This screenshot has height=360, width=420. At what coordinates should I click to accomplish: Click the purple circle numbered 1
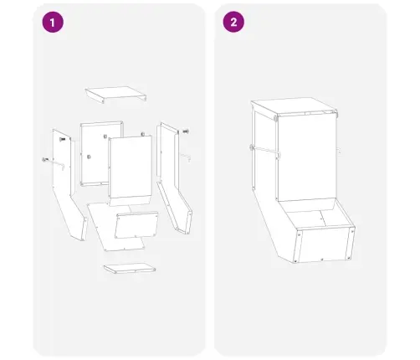[53, 22]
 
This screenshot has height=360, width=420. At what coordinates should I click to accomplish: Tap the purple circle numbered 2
[233, 22]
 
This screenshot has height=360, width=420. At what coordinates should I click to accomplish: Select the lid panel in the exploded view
[115, 95]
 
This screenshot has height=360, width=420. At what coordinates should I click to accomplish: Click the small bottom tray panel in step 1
[130, 268]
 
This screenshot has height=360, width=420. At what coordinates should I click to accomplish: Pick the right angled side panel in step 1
[174, 178]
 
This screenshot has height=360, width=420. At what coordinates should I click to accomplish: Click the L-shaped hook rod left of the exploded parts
[54, 163]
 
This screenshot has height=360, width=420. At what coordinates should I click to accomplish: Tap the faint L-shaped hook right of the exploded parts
[186, 157]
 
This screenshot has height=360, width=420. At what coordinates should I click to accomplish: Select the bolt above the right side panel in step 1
[186, 131]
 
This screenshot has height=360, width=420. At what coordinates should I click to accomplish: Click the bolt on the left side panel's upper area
[62, 139]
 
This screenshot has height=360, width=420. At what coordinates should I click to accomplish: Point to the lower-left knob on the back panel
[89, 157]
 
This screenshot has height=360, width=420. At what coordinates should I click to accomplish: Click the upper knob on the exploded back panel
[105, 136]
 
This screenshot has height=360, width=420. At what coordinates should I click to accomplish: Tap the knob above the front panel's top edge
[143, 134]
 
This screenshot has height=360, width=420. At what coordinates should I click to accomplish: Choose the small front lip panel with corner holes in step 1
[136, 225]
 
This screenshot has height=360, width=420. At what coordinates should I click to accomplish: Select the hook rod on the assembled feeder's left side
[265, 152]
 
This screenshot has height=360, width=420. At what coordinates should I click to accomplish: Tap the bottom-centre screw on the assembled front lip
[322, 260]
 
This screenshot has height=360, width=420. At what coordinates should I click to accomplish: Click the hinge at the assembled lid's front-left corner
[276, 118]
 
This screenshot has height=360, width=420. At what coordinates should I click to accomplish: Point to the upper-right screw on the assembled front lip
[351, 231]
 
